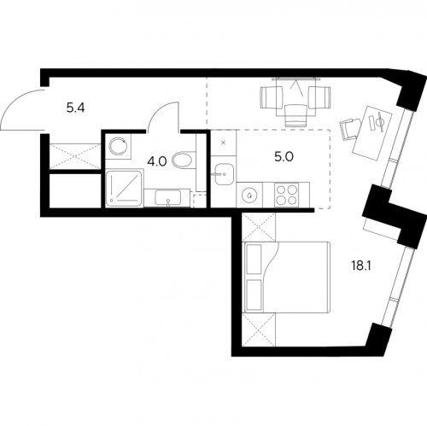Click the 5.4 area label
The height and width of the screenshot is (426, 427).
[76, 108]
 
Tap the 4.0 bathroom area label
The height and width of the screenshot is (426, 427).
[157, 161]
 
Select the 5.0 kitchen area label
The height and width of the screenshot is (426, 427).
[284, 157]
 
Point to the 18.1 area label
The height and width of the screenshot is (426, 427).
[360, 266]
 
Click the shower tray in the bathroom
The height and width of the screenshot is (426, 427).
[124, 188]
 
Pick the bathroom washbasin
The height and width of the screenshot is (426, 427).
[167, 197]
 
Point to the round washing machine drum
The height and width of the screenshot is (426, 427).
[118, 145]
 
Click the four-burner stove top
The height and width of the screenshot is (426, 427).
[286, 195]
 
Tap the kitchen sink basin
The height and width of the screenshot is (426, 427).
[224, 174]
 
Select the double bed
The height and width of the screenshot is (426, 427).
[286, 277]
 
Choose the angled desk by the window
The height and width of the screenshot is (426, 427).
[372, 133]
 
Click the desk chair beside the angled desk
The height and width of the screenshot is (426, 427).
[350, 128]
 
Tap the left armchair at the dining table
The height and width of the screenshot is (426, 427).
[272, 97]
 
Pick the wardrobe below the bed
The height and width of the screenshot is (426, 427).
[259, 330]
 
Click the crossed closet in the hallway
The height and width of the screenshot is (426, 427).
[75, 156]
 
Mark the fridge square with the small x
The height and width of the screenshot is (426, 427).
[224, 143]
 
